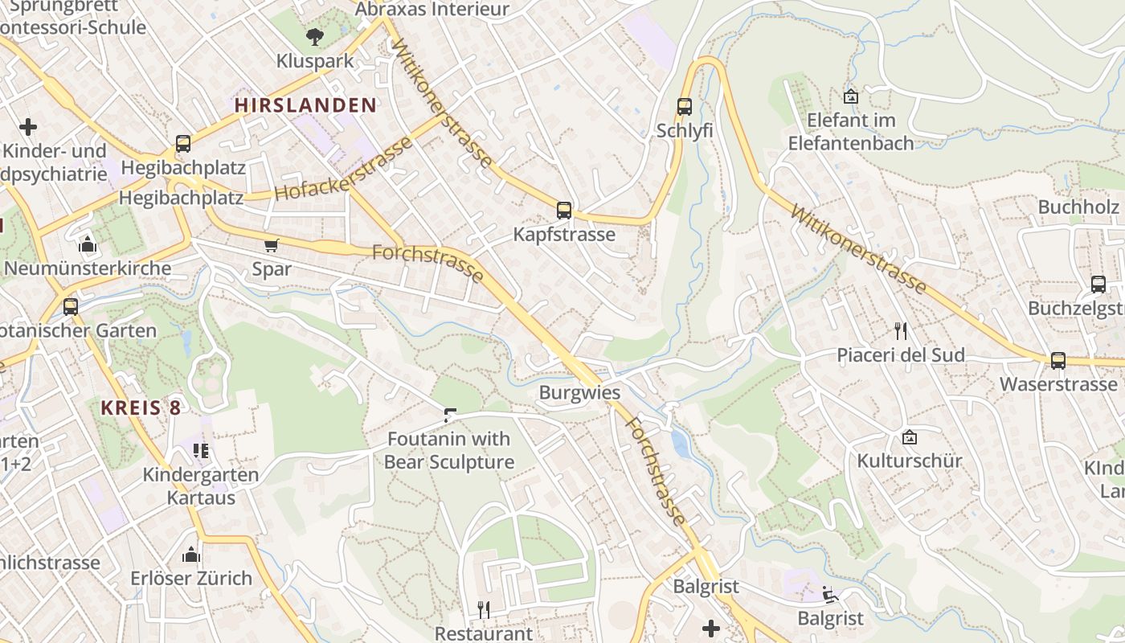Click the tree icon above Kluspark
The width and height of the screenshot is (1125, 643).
(314, 36)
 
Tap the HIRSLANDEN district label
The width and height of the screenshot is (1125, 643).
(305, 104)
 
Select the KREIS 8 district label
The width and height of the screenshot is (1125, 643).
(141, 408)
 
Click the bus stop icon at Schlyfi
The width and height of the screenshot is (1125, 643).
(685, 106)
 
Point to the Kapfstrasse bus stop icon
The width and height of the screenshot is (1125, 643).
(564, 211)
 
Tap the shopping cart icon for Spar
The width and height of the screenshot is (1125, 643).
(272, 245)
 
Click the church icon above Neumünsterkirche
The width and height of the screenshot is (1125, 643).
(88, 244)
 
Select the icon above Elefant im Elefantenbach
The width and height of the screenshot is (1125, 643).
(851, 97)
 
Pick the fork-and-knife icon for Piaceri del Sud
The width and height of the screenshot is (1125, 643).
(901, 330)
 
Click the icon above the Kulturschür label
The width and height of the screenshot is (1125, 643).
(910, 437)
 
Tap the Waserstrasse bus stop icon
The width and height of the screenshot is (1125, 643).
(1058, 360)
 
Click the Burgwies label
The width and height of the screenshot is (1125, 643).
(579, 393)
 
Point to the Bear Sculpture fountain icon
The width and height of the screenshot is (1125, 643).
(450, 415)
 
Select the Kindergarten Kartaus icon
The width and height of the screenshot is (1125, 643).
(201, 450)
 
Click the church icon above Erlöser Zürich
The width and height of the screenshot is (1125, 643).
(191, 554)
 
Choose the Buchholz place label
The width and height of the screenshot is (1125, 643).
(1078, 207)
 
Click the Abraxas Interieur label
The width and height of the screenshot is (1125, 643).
(432, 10)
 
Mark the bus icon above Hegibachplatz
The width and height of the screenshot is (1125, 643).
(183, 144)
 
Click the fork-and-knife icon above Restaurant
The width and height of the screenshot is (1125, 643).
(484, 610)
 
